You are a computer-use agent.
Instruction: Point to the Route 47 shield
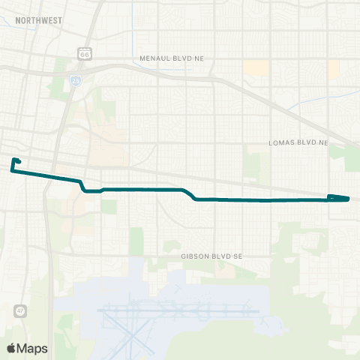19,310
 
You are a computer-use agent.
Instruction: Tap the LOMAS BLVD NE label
298,142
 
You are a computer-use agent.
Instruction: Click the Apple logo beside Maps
11,348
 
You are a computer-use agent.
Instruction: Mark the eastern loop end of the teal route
339,198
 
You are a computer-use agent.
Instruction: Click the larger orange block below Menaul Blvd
256,69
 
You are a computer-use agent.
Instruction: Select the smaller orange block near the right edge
334,69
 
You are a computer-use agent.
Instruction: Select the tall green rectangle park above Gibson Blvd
136,241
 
